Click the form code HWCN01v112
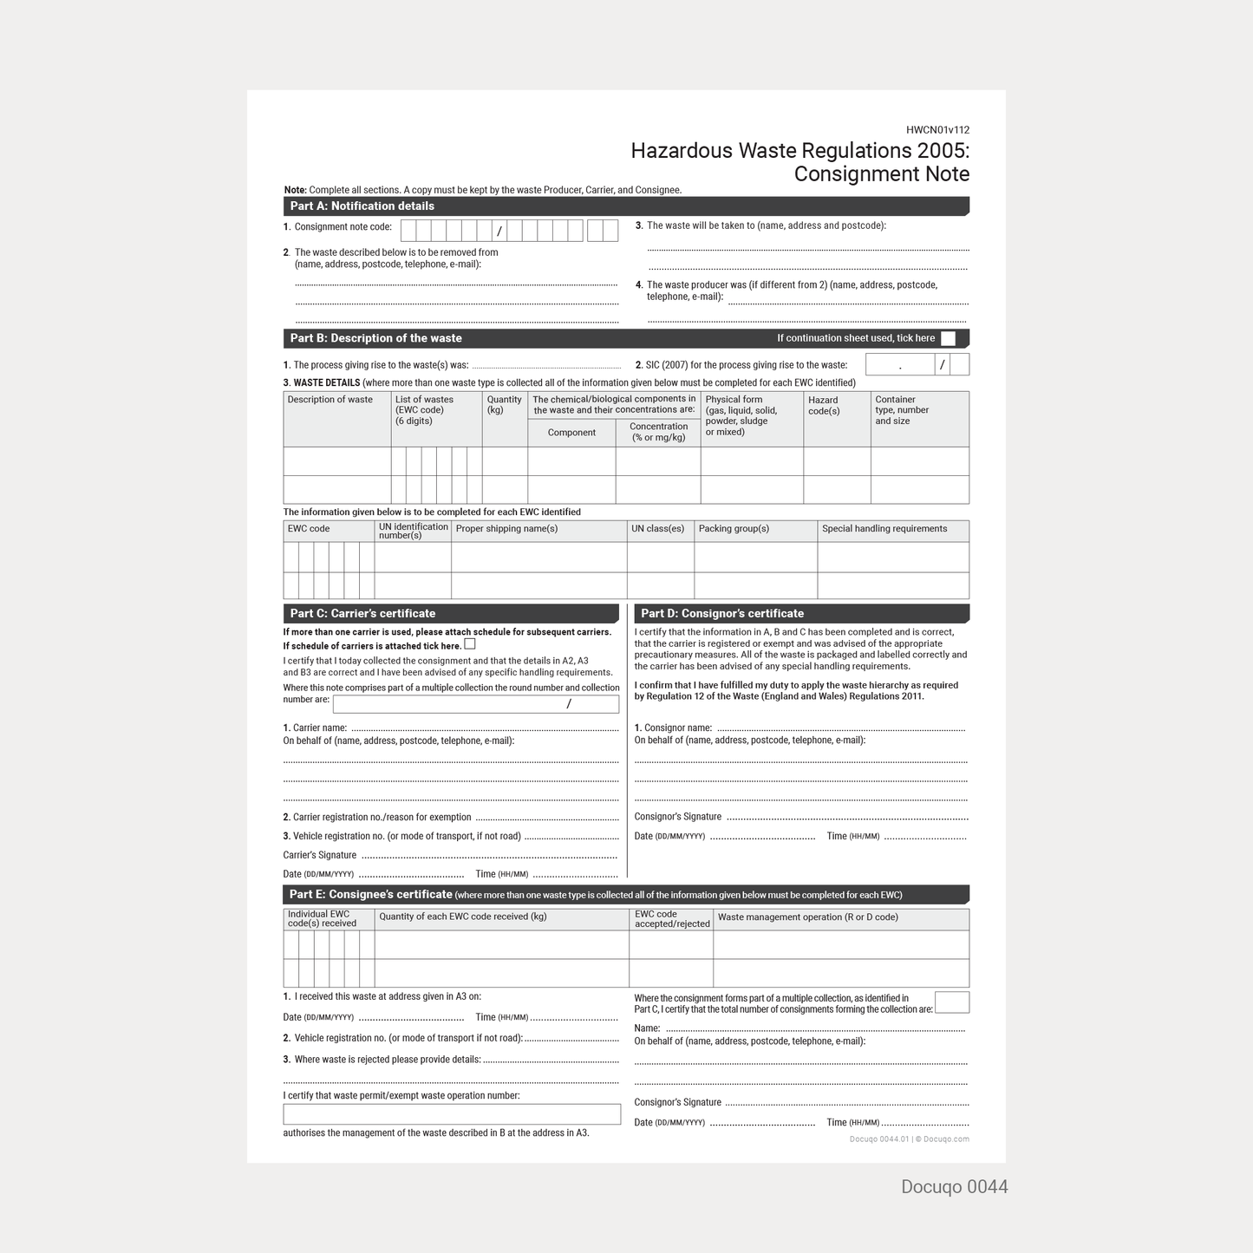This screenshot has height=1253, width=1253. (x=937, y=130)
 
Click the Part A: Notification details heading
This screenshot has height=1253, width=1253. (x=362, y=206)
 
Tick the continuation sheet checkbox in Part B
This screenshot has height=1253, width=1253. (x=948, y=339)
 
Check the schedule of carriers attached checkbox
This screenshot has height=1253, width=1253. (x=470, y=644)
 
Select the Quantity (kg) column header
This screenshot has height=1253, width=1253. (x=504, y=405)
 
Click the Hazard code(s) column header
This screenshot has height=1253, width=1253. (x=824, y=406)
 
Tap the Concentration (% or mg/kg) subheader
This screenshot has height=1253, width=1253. (x=658, y=432)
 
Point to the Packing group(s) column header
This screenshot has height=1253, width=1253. (x=734, y=529)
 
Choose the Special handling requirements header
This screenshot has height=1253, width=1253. (x=884, y=529)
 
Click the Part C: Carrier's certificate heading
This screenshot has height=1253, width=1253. (x=362, y=614)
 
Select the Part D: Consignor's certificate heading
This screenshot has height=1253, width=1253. (x=722, y=614)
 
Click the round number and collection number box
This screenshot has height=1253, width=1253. (x=475, y=704)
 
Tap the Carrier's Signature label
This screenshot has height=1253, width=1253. (x=320, y=855)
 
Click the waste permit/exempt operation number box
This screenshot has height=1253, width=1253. (x=452, y=1114)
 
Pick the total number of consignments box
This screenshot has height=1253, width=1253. (x=951, y=1002)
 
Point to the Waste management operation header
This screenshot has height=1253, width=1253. (x=807, y=917)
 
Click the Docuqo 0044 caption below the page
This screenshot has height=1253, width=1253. (x=954, y=1187)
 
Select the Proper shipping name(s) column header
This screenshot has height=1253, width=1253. (x=506, y=529)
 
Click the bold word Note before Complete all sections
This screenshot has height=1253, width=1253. (x=295, y=190)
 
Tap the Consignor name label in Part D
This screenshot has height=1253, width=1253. (x=673, y=728)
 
